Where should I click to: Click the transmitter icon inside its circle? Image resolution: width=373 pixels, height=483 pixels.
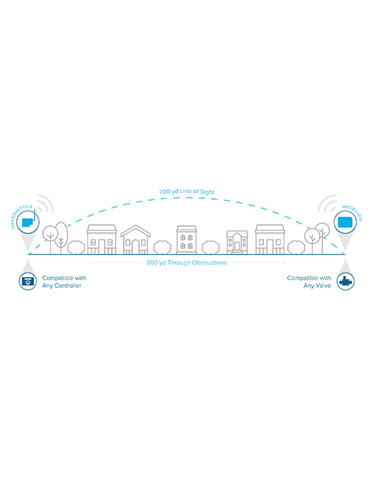tap(28, 222)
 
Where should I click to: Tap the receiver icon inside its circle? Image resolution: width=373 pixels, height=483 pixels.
tap(345, 222)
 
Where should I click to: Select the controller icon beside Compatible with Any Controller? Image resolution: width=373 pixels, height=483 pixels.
tap(28, 281)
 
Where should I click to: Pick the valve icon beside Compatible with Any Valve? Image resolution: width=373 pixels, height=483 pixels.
tap(345, 281)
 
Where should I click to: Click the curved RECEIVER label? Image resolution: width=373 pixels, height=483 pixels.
tap(353, 212)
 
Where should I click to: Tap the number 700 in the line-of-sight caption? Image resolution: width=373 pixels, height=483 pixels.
tap(165, 192)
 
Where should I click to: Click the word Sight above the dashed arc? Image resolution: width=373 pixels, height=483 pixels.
tap(207, 192)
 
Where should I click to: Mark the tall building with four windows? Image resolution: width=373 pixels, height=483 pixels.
tap(186, 240)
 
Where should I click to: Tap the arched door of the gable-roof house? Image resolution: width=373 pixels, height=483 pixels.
tap(135, 247)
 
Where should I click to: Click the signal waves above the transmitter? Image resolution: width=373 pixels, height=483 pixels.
tap(46, 204)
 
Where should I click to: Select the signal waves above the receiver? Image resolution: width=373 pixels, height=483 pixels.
tap(327, 204)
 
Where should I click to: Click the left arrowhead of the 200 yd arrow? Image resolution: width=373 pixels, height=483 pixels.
tap(90, 263)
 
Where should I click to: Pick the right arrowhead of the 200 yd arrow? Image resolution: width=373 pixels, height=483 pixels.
tap(284, 263)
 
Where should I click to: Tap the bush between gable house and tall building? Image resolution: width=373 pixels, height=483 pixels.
tap(162, 247)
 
